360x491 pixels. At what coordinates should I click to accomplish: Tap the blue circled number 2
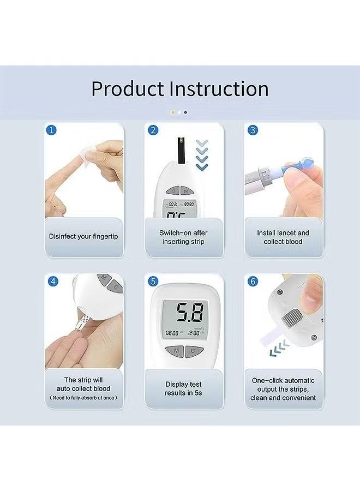tap(153, 130)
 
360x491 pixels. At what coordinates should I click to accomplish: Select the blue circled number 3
tap(253, 130)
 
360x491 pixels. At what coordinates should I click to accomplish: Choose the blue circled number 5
tap(153, 282)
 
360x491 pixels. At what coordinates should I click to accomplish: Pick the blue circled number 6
tap(253, 282)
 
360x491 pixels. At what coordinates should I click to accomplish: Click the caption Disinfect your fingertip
tap(83, 237)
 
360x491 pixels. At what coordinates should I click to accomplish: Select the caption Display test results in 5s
tap(184, 388)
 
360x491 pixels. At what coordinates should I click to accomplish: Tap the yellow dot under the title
tap(173, 112)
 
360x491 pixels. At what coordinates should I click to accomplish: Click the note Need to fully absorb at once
tap(83, 398)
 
